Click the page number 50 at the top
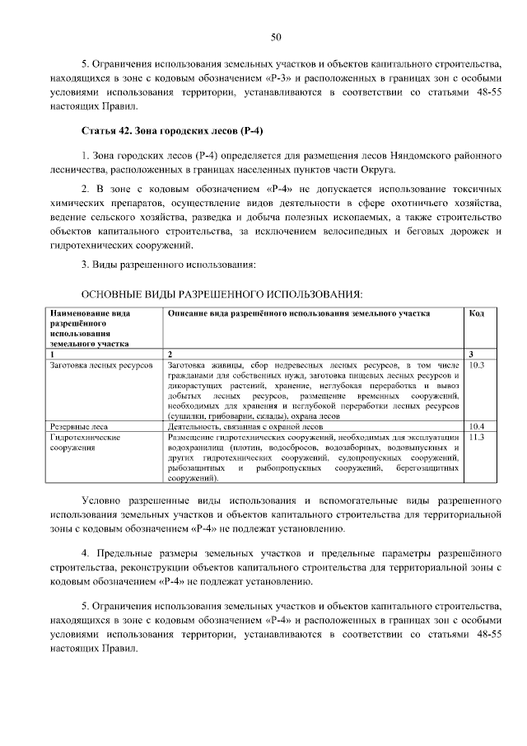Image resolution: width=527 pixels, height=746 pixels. [277, 36]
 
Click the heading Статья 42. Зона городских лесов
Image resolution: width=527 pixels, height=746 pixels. [172, 132]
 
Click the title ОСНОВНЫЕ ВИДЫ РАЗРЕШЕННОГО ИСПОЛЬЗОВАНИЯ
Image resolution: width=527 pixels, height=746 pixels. [221, 293]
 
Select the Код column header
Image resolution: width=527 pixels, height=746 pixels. [476, 314]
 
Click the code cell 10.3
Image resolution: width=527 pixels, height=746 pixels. [476, 363]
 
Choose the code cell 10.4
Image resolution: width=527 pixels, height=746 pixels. [476, 426]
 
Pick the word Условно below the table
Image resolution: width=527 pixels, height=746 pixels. [105, 500]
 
